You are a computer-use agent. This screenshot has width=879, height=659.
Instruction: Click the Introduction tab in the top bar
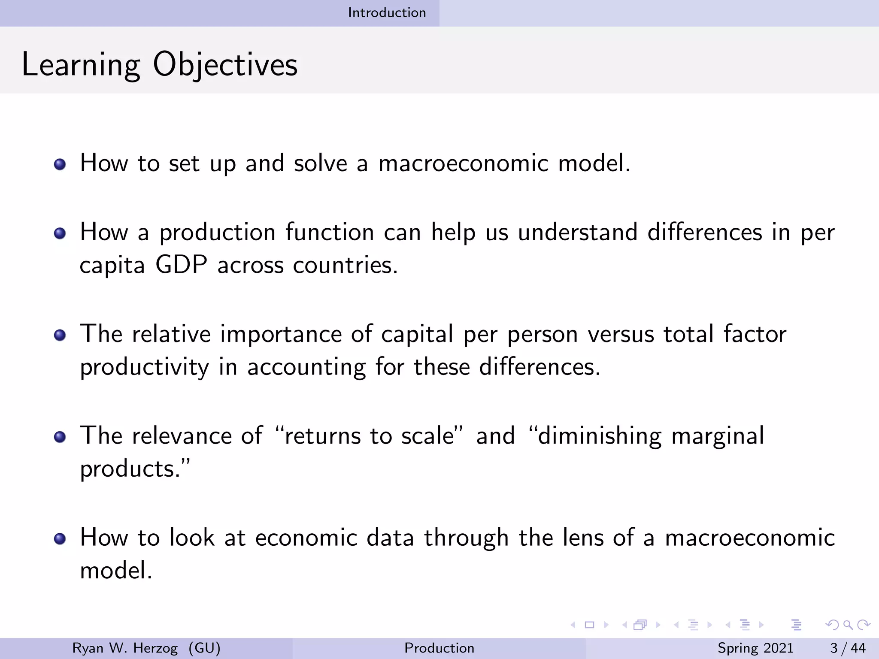pyautogui.click(x=387, y=13)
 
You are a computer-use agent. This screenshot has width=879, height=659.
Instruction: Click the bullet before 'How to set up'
pyautogui.click(x=60, y=164)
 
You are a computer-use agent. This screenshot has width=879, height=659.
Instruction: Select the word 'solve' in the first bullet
pyautogui.click(x=320, y=163)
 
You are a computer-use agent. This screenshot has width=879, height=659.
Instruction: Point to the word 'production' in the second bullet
pyautogui.click(x=218, y=233)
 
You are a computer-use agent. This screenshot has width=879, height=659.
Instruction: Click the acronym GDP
pyautogui.click(x=181, y=265)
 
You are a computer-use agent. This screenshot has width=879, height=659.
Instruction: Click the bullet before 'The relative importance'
pyautogui.click(x=60, y=335)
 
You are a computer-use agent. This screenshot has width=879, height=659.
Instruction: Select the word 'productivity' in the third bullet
pyautogui.click(x=145, y=368)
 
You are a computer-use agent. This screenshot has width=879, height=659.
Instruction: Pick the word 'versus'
pyautogui.click(x=621, y=335)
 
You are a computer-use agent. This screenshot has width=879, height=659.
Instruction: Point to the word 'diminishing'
pyautogui.click(x=600, y=436)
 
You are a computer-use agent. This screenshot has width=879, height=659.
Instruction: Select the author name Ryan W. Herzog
pyautogui.click(x=125, y=648)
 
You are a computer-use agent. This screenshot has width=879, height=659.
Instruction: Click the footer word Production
pyautogui.click(x=439, y=648)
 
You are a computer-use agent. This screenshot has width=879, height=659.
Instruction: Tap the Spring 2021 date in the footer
pyautogui.click(x=755, y=648)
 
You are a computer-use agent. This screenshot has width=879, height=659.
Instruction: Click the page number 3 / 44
pyautogui.click(x=848, y=648)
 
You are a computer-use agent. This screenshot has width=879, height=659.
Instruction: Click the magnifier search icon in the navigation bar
pyautogui.click(x=848, y=625)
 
